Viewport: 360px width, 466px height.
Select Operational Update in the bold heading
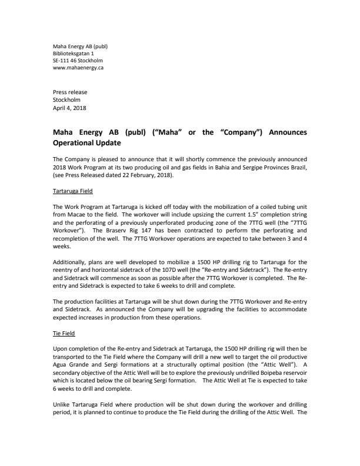[x=85, y=142]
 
